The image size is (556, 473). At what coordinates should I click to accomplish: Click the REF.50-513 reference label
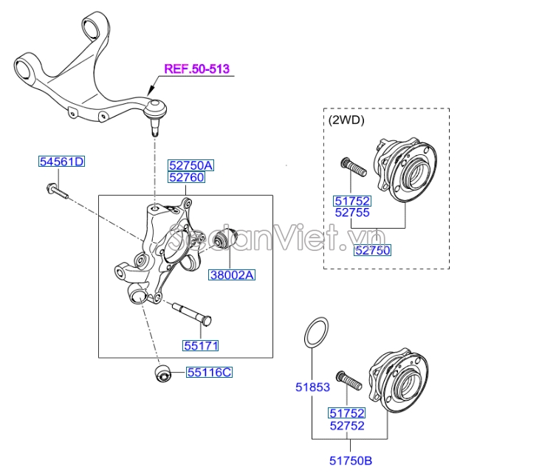(197, 69)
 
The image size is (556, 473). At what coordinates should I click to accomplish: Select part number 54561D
(62, 162)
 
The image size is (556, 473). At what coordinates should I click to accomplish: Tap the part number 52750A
(191, 165)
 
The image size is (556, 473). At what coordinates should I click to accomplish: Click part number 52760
(187, 177)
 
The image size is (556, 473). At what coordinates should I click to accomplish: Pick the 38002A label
(232, 275)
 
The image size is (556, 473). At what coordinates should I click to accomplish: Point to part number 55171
(201, 345)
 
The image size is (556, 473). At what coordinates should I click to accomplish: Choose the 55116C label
(210, 373)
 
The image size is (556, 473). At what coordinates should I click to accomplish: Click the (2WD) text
(346, 120)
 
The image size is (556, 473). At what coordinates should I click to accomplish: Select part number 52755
(352, 213)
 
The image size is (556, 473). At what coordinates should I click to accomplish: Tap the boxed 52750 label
(372, 250)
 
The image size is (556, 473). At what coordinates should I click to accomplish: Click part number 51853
(313, 387)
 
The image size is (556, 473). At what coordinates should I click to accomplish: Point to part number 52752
(347, 426)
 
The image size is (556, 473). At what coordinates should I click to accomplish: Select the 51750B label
(351, 460)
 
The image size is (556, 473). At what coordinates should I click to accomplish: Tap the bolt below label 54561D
(57, 190)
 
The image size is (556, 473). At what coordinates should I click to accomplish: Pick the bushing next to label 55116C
(163, 373)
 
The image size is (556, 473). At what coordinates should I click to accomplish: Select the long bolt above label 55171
(192, 313)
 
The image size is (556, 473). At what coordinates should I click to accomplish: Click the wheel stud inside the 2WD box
(353, 168)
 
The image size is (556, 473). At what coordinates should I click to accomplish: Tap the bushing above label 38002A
(226, 238)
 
